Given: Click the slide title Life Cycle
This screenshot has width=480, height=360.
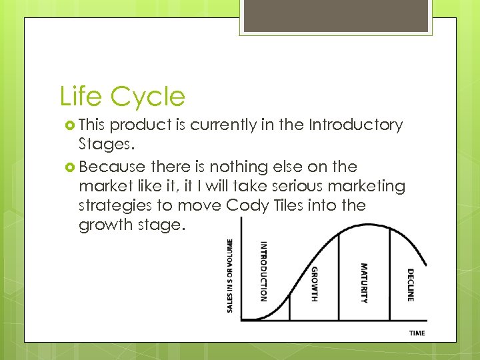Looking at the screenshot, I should [x=122, y=97].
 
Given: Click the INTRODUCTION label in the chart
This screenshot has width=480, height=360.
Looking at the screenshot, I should [x=263, y=271].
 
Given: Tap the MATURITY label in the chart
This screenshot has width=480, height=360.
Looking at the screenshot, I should [x=364, y=282].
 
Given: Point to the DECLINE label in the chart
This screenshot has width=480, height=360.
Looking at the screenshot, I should [x=410, y=285].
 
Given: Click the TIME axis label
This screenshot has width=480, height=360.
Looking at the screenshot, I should [x=417, y=333].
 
